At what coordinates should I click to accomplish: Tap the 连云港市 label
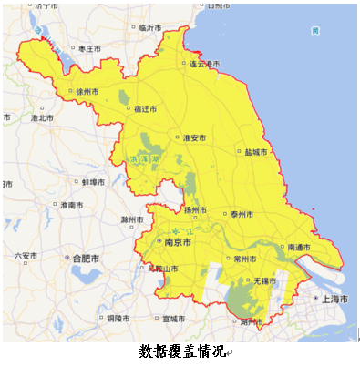[203, 64]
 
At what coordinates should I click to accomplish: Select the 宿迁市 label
[144, 108]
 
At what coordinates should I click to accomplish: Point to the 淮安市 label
[194, 137]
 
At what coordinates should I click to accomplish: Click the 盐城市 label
[256, 152]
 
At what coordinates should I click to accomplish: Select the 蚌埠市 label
[95, 182]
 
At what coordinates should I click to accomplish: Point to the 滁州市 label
[133, 219]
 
